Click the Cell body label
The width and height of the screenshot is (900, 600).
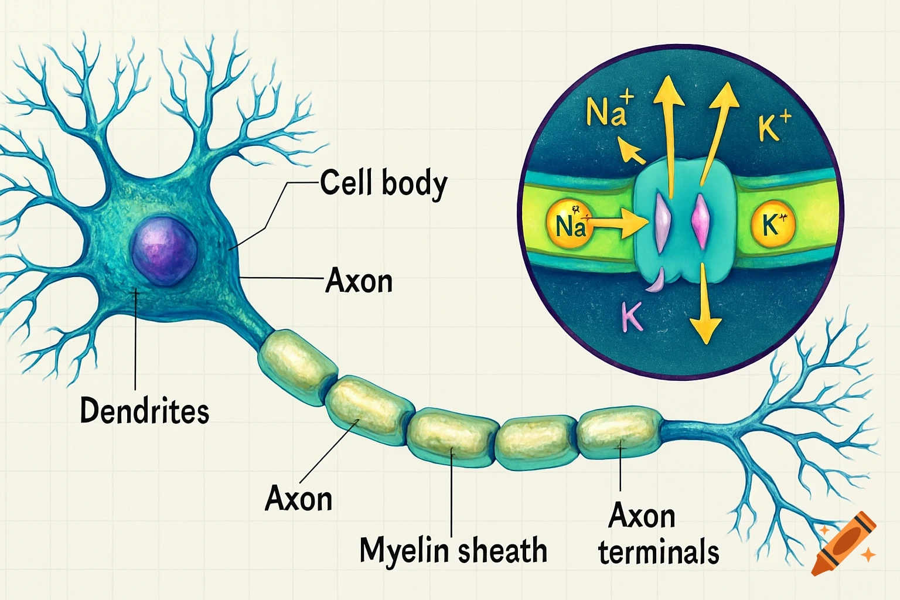tap(384, 183)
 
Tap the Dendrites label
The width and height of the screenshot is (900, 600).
tap(144, 410)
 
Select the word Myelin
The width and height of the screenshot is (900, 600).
tap(404, 551)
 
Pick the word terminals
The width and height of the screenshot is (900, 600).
tap(659, 552)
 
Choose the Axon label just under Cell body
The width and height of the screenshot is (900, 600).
tap(359, 281)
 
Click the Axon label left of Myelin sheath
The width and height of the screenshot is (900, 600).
tap(299, 499)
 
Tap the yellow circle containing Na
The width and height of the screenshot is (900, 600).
tap(567, 224)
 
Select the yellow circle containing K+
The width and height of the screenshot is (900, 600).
tap(773, 224)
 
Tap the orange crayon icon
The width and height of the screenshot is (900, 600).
tap(844, 544)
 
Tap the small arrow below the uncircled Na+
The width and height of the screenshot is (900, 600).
tap(632, 151)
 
